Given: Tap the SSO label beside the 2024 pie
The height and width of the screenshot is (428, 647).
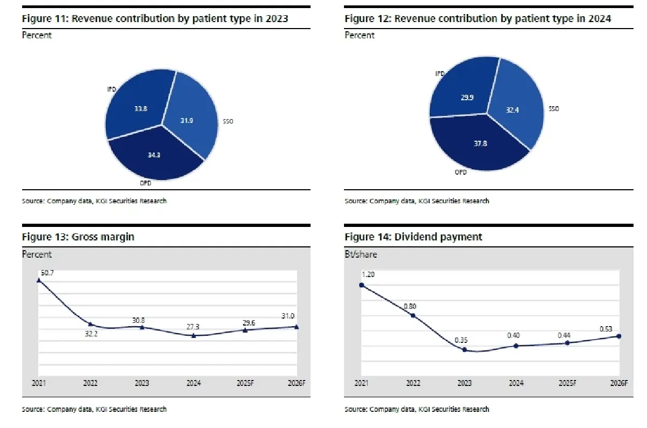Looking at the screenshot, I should (x=554, y=109).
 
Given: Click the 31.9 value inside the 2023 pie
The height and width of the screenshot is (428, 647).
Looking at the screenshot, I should (x=187, y=120).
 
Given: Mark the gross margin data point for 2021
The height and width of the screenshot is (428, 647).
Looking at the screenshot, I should (x=39, y=280).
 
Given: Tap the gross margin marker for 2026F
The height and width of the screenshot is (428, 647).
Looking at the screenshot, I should (x=297, y=327).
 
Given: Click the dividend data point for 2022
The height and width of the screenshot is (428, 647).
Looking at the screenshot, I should (x=413, y=315).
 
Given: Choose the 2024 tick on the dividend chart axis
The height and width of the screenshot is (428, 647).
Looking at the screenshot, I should (x=516, y=383).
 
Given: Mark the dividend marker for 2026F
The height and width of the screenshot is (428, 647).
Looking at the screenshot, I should (x=618, y=336).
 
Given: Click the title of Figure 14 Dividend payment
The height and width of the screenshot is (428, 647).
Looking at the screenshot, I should (x=414, y=237).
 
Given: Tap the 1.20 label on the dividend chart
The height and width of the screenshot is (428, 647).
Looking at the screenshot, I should (x=368, y=274).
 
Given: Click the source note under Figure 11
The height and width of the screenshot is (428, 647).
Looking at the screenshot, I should (x=94, y=201).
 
